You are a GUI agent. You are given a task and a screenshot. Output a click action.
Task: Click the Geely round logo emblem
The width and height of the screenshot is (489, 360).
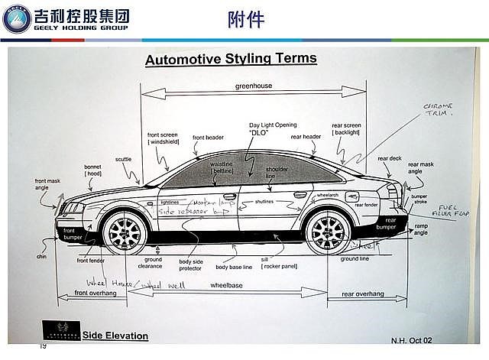pyautogui.click(x=18, y=18)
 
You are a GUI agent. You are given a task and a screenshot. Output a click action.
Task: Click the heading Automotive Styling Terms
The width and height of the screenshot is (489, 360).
pyautogui.click(x=231, y=59)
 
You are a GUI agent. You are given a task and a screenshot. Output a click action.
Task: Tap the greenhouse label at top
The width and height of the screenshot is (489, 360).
pyautogui.click(x=253, y=86)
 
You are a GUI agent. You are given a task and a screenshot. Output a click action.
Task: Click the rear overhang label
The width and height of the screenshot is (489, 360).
pyautogui.click(x=363, y=294)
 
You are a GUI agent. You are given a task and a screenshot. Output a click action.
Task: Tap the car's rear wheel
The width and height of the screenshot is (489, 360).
pyautogui.click(x=329, y=230)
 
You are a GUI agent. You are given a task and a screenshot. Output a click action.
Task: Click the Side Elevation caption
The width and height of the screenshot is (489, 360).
pyautogui.click(x=115, y=336)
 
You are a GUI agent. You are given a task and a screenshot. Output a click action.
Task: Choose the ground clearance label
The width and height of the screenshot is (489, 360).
pyautogui.click(x=154, y=263)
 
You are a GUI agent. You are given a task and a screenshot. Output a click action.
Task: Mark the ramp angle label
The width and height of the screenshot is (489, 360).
pyautogui.click(x=421, y=230)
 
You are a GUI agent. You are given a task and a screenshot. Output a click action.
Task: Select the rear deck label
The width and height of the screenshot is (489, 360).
pyautogui.click(x=389, y=159)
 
